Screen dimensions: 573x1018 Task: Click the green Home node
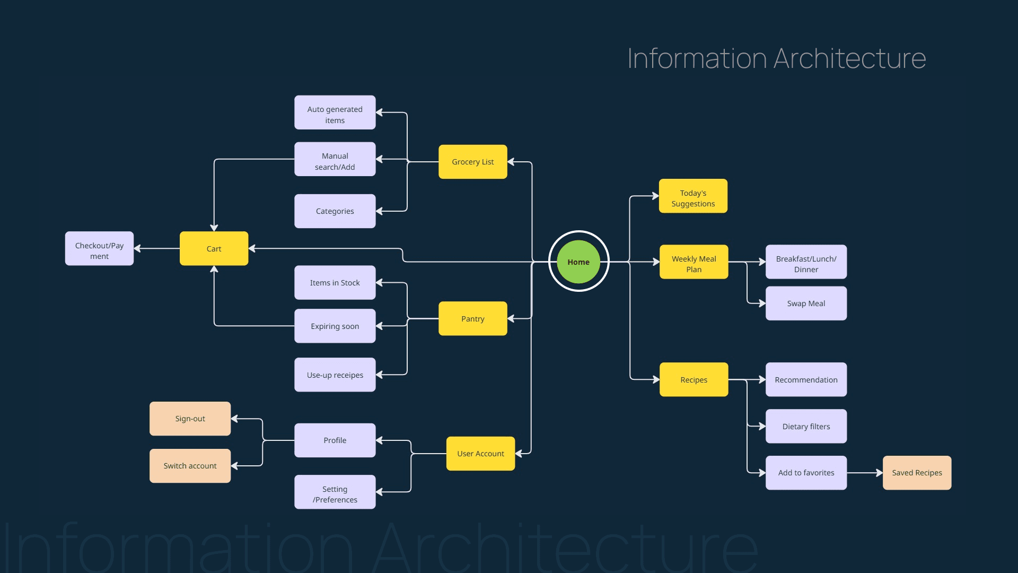[x=578, y=262]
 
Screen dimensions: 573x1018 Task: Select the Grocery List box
[x=472, y=162]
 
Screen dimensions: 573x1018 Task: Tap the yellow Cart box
[x=214, y=248]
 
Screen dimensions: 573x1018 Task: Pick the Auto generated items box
[x=335, y=112]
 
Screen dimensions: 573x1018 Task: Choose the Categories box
[x=335, y=211]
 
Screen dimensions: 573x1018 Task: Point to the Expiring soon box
[x=335, y=326]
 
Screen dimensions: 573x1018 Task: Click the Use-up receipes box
[x=335, y=375]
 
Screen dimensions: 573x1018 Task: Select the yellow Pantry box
[x=472, y=318]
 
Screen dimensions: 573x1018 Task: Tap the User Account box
[x=480, y=454]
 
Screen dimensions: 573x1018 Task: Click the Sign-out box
[x=190, y=419]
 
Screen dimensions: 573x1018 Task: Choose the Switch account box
[x=190, y=466]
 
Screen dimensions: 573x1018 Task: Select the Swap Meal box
[x=806, y=303]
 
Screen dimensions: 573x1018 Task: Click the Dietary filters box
[x=806, y=426]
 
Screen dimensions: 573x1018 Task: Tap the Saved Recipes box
[x=917, y=473]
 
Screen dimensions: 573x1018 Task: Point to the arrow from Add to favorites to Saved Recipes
[x=865, y=473]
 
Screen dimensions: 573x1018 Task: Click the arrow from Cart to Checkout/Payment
[x=157, y=248]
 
